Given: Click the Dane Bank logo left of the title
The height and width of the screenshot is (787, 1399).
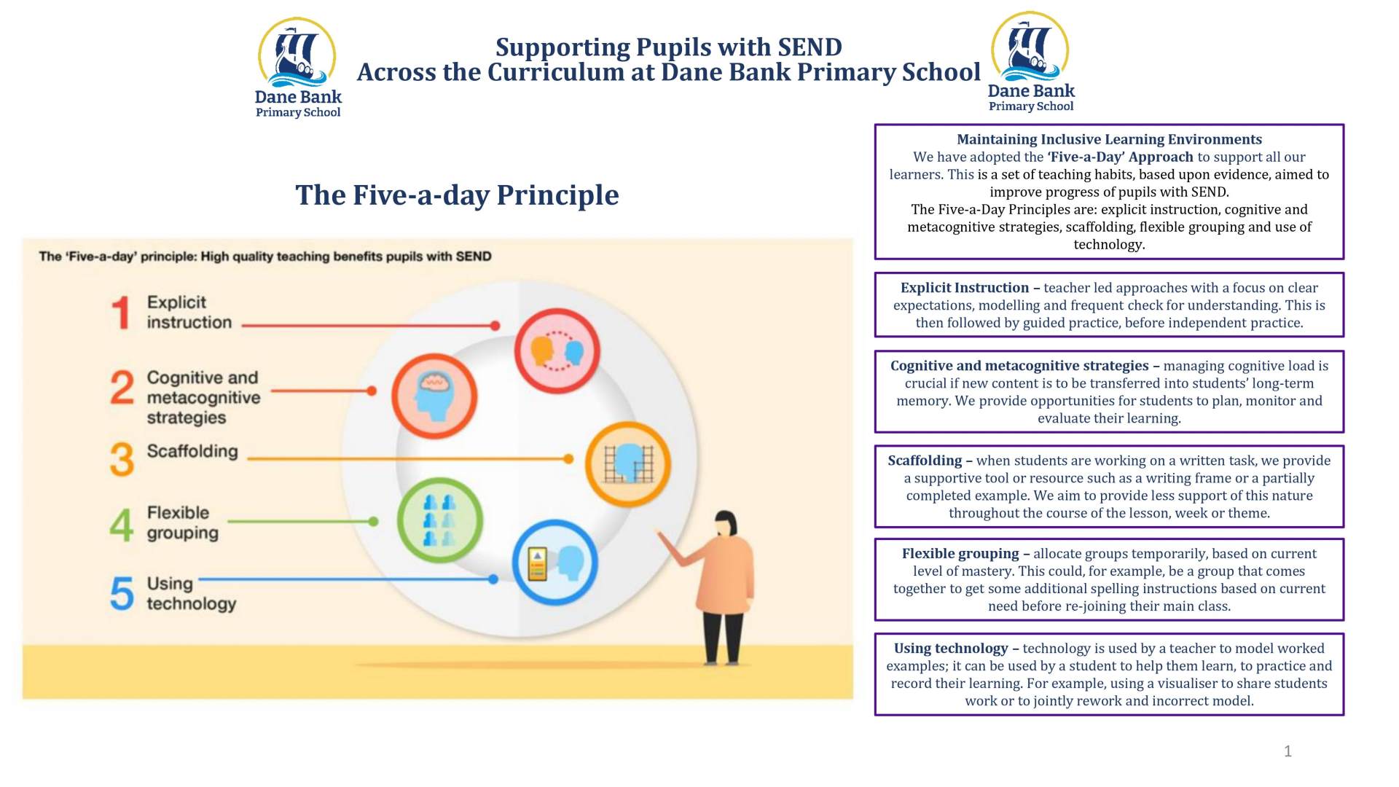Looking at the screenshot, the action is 298,68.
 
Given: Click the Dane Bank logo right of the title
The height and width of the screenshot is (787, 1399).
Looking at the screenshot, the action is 1031,62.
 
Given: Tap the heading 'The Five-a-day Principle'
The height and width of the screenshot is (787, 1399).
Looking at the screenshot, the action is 457,195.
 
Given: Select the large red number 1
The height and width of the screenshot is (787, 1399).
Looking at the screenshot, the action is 122,313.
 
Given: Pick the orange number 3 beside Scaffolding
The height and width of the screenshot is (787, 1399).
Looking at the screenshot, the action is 122,459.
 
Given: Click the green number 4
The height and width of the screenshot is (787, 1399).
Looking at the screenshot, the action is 122,525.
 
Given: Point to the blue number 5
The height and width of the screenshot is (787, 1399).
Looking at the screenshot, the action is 122,592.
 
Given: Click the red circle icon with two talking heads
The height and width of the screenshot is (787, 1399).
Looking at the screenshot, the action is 557,351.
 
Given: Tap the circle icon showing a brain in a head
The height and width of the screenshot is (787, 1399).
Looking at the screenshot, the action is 434,396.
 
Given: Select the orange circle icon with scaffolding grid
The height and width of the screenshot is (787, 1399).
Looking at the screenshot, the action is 628,463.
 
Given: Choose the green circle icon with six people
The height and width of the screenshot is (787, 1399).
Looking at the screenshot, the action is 439,521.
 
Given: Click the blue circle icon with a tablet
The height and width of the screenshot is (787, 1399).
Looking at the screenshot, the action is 555,563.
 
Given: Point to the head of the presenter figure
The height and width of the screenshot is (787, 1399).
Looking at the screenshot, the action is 726,524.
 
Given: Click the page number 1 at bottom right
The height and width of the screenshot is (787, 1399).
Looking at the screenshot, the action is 1288,751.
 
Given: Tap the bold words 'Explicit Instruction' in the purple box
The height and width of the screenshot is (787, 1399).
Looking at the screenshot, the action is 965,288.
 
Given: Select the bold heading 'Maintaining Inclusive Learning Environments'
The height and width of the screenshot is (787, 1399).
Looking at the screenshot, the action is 1109,139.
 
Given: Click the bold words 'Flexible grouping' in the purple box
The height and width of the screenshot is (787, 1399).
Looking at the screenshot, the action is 960,554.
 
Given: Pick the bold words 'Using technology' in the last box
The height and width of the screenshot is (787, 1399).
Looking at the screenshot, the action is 951,649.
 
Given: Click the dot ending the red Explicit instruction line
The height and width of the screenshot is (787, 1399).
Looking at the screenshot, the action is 495,326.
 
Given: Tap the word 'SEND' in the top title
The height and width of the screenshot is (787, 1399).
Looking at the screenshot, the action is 810,47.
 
